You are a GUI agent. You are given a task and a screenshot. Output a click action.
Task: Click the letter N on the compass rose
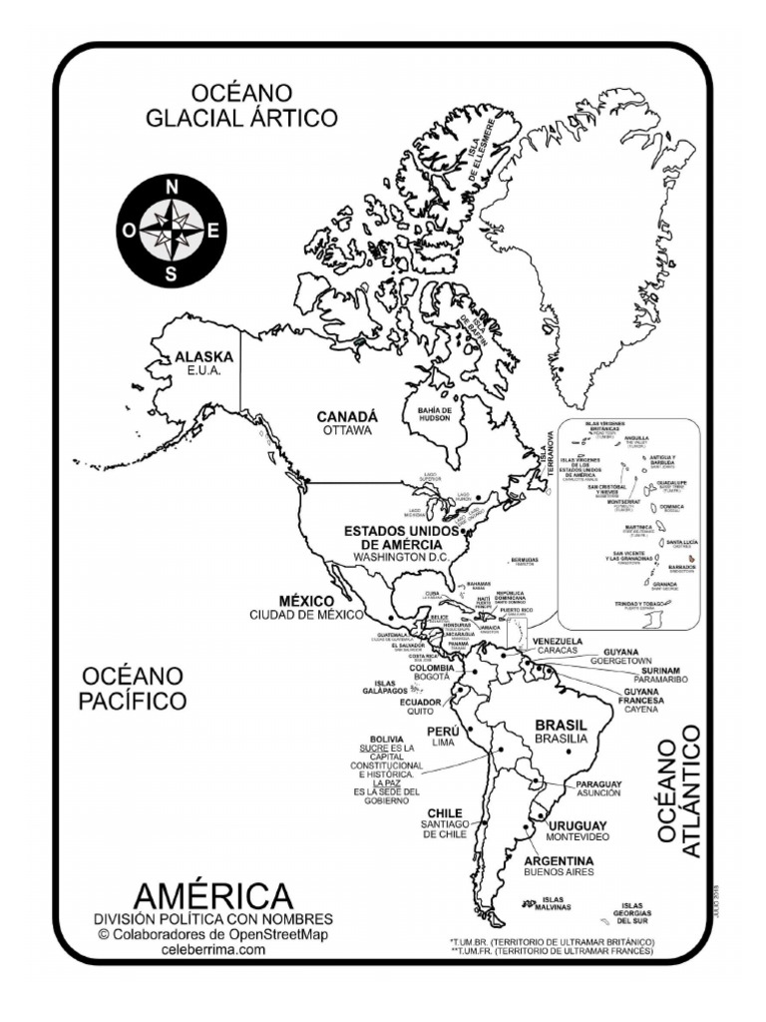click(x=172, y=187)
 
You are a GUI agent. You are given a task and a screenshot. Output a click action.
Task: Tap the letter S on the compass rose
click(x=172, y=273)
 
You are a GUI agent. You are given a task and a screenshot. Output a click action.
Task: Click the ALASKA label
click(x=203, y=356)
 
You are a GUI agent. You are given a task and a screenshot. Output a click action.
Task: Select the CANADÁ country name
click(x=348, y=416)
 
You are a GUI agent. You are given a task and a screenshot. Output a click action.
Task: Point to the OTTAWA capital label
click(x=347, y=430)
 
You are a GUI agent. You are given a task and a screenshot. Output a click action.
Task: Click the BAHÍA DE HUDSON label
click(x=436, y=414)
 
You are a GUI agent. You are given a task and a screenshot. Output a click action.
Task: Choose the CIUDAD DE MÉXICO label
click(x=306, y=614)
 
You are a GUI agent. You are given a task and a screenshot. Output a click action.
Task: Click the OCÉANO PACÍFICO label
click(x=133, y=689)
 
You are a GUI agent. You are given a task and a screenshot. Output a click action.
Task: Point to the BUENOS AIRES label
click(x=559, y=871)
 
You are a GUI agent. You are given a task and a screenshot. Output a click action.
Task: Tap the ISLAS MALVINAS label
click(x=549, y=903)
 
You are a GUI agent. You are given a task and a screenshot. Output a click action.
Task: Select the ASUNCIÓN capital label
click(x=598, y=792)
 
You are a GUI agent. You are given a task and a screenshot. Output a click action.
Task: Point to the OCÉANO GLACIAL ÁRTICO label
click(x=242, y=107)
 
